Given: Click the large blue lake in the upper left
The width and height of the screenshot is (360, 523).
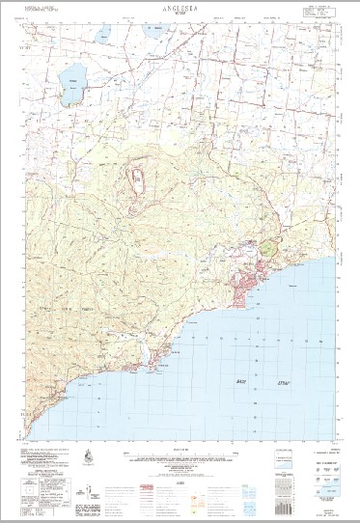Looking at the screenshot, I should point(69,90).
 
